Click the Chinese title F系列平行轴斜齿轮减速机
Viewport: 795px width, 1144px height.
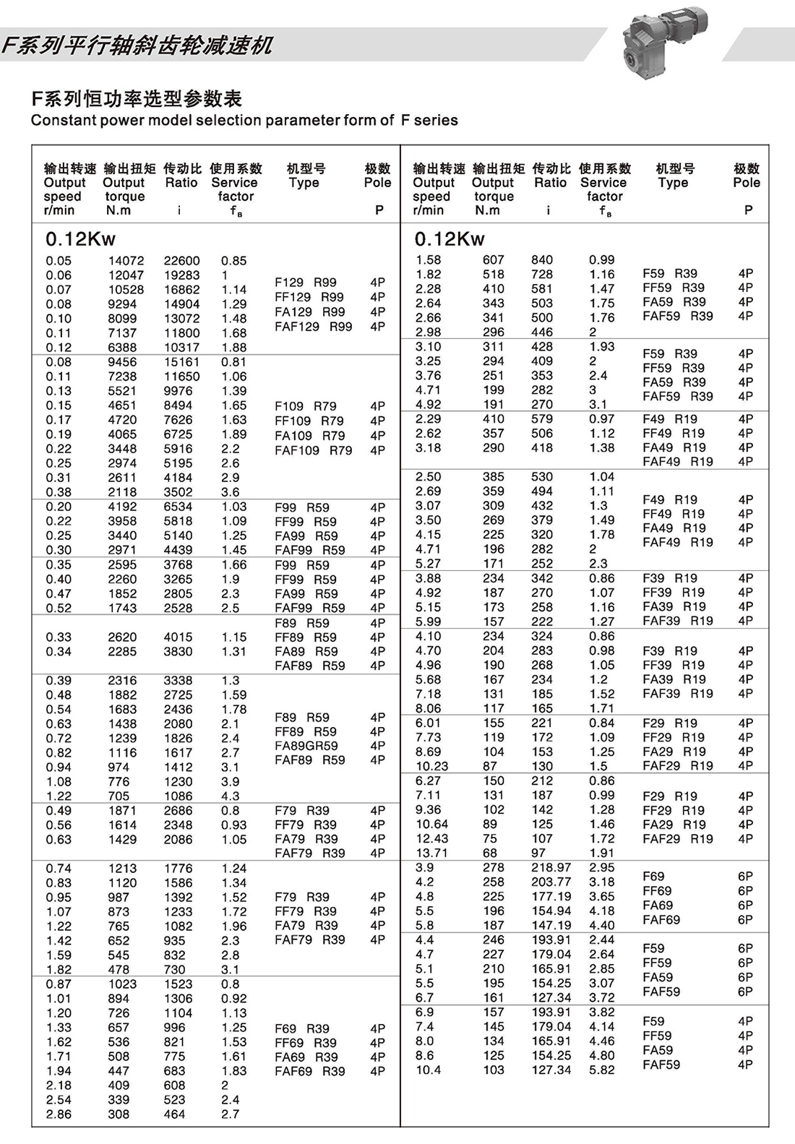pos(137,46)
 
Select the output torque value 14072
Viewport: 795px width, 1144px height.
pos(126,261)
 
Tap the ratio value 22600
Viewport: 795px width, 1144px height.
pos(181,261)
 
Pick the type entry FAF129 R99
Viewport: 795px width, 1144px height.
pos(314,327)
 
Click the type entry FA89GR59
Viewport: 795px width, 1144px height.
pos(306,746)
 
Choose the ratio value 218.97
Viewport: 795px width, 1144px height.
pos(551,867)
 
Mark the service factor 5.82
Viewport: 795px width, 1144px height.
pos(602,1070)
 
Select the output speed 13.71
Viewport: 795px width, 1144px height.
pos(432,853)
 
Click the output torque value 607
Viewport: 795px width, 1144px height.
pos(494,260)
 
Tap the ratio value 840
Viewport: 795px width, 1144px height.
pos(542,260)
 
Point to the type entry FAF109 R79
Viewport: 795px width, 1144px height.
pos(314,450)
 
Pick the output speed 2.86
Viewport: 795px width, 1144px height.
pos(59,1114)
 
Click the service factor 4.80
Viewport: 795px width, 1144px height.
pos(602,1055)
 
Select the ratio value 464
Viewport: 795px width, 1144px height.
pos(174,1114)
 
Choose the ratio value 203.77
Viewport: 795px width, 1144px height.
pos(551,882)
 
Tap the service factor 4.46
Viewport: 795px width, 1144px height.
pos(602,1041)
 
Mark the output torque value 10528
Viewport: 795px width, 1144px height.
pos(126,290)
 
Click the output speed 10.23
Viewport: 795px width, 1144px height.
pos(432,766)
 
